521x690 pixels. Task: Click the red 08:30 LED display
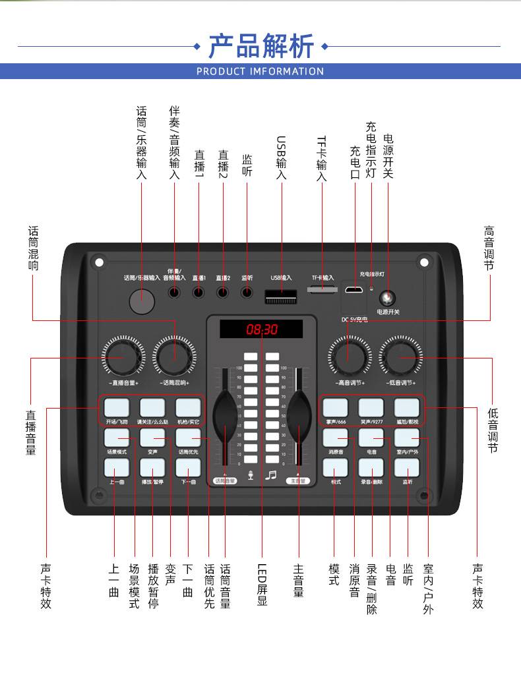pos(262,329)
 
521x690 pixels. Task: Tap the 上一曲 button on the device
pos(116,467)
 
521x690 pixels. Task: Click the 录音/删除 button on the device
pos(371,467)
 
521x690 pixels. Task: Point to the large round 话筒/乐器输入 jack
pos(142,301)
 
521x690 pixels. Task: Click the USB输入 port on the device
pos(280,296)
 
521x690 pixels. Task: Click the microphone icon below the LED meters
pos(251,475)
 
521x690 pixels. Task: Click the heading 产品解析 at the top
pos(261,46)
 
